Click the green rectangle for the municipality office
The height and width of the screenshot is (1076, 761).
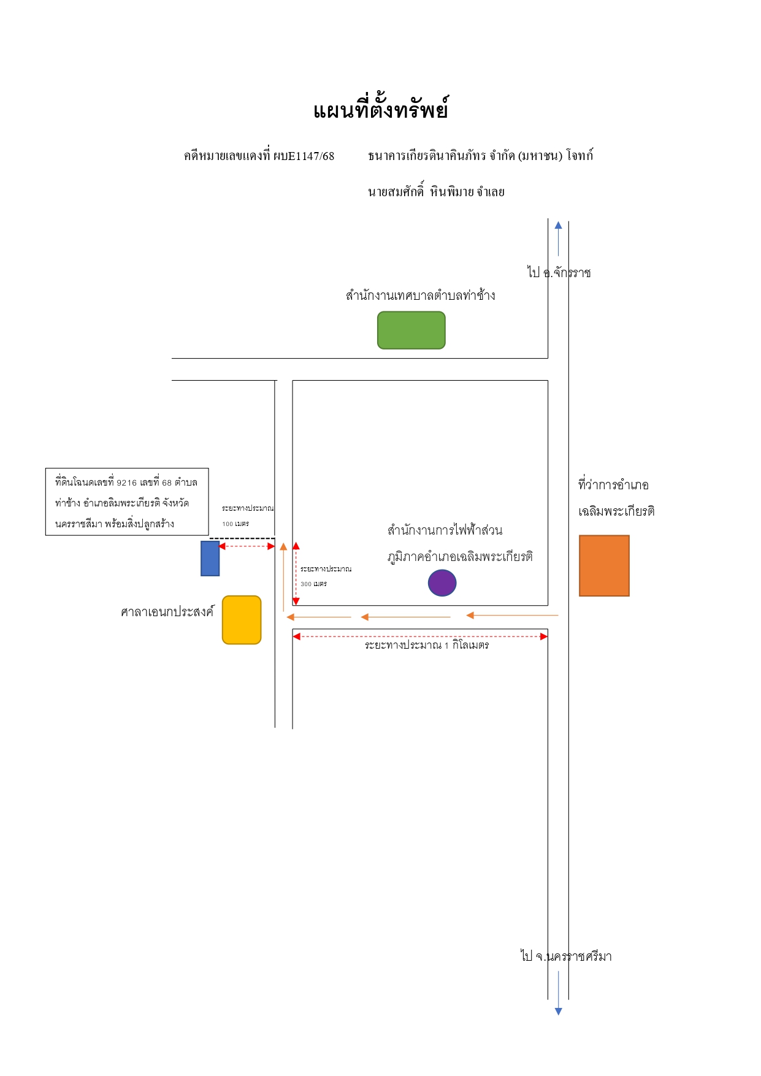(411, 330)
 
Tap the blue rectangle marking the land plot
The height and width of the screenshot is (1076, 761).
(210, 559)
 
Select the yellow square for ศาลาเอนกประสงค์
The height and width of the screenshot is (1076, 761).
(242, 620)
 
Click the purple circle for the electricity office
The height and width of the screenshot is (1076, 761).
(442, 583)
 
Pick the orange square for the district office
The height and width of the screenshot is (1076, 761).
(604, 566)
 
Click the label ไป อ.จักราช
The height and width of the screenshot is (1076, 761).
(559, 272)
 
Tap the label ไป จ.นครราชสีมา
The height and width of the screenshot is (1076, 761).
(566, 956)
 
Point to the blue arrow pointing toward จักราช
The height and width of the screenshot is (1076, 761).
(558, 238)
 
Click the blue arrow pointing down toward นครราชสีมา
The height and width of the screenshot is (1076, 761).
(558, 993)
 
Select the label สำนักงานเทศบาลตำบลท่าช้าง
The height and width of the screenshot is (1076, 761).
(421, 296)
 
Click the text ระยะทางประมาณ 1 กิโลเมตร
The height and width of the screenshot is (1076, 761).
(427, 646)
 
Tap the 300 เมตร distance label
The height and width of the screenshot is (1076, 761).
(313, 584)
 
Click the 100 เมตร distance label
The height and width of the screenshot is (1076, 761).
(235, 524)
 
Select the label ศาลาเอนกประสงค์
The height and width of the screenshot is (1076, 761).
(167, 612)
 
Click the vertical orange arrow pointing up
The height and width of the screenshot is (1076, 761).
(283, 577)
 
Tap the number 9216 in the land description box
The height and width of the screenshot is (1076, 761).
(127, 483)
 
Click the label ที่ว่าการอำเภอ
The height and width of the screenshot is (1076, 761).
(613, 485)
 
